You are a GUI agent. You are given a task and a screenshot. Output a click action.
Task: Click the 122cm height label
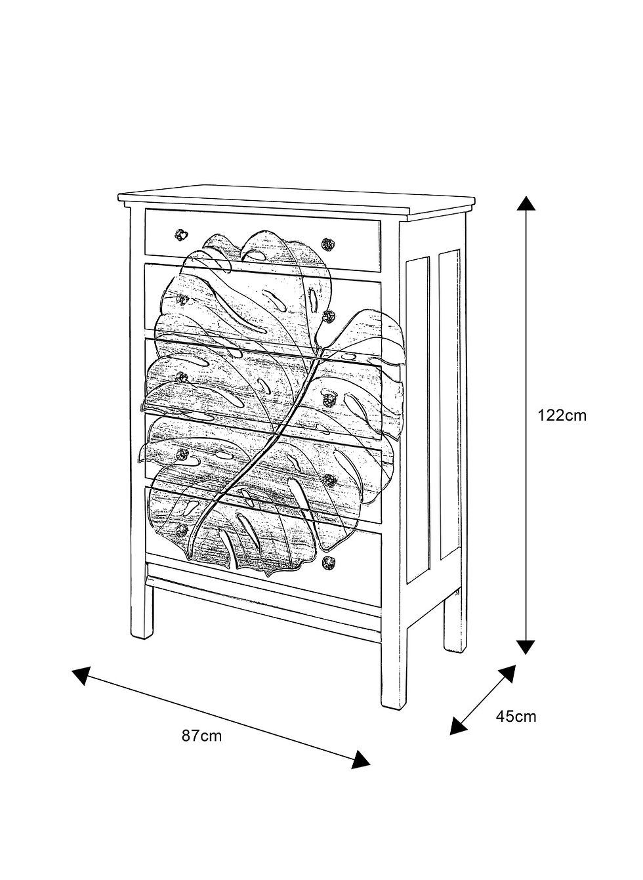562,415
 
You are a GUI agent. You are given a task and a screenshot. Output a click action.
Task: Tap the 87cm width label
202,736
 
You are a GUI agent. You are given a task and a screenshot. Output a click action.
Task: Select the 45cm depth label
516,716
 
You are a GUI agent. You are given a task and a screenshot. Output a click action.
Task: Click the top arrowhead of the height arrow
526,204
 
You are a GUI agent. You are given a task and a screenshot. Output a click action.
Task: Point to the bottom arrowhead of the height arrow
526,646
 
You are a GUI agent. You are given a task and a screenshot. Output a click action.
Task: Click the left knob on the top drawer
181,234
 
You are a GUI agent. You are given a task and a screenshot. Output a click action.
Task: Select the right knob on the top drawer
327,244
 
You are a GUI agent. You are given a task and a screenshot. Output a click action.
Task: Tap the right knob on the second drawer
328,316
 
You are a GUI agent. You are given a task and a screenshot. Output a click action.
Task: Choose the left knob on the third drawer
182,377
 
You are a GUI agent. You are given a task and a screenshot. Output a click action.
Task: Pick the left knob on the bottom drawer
182,530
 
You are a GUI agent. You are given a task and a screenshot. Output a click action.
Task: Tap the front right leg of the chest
394,668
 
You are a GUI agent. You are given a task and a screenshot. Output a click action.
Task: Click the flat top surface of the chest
296,198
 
